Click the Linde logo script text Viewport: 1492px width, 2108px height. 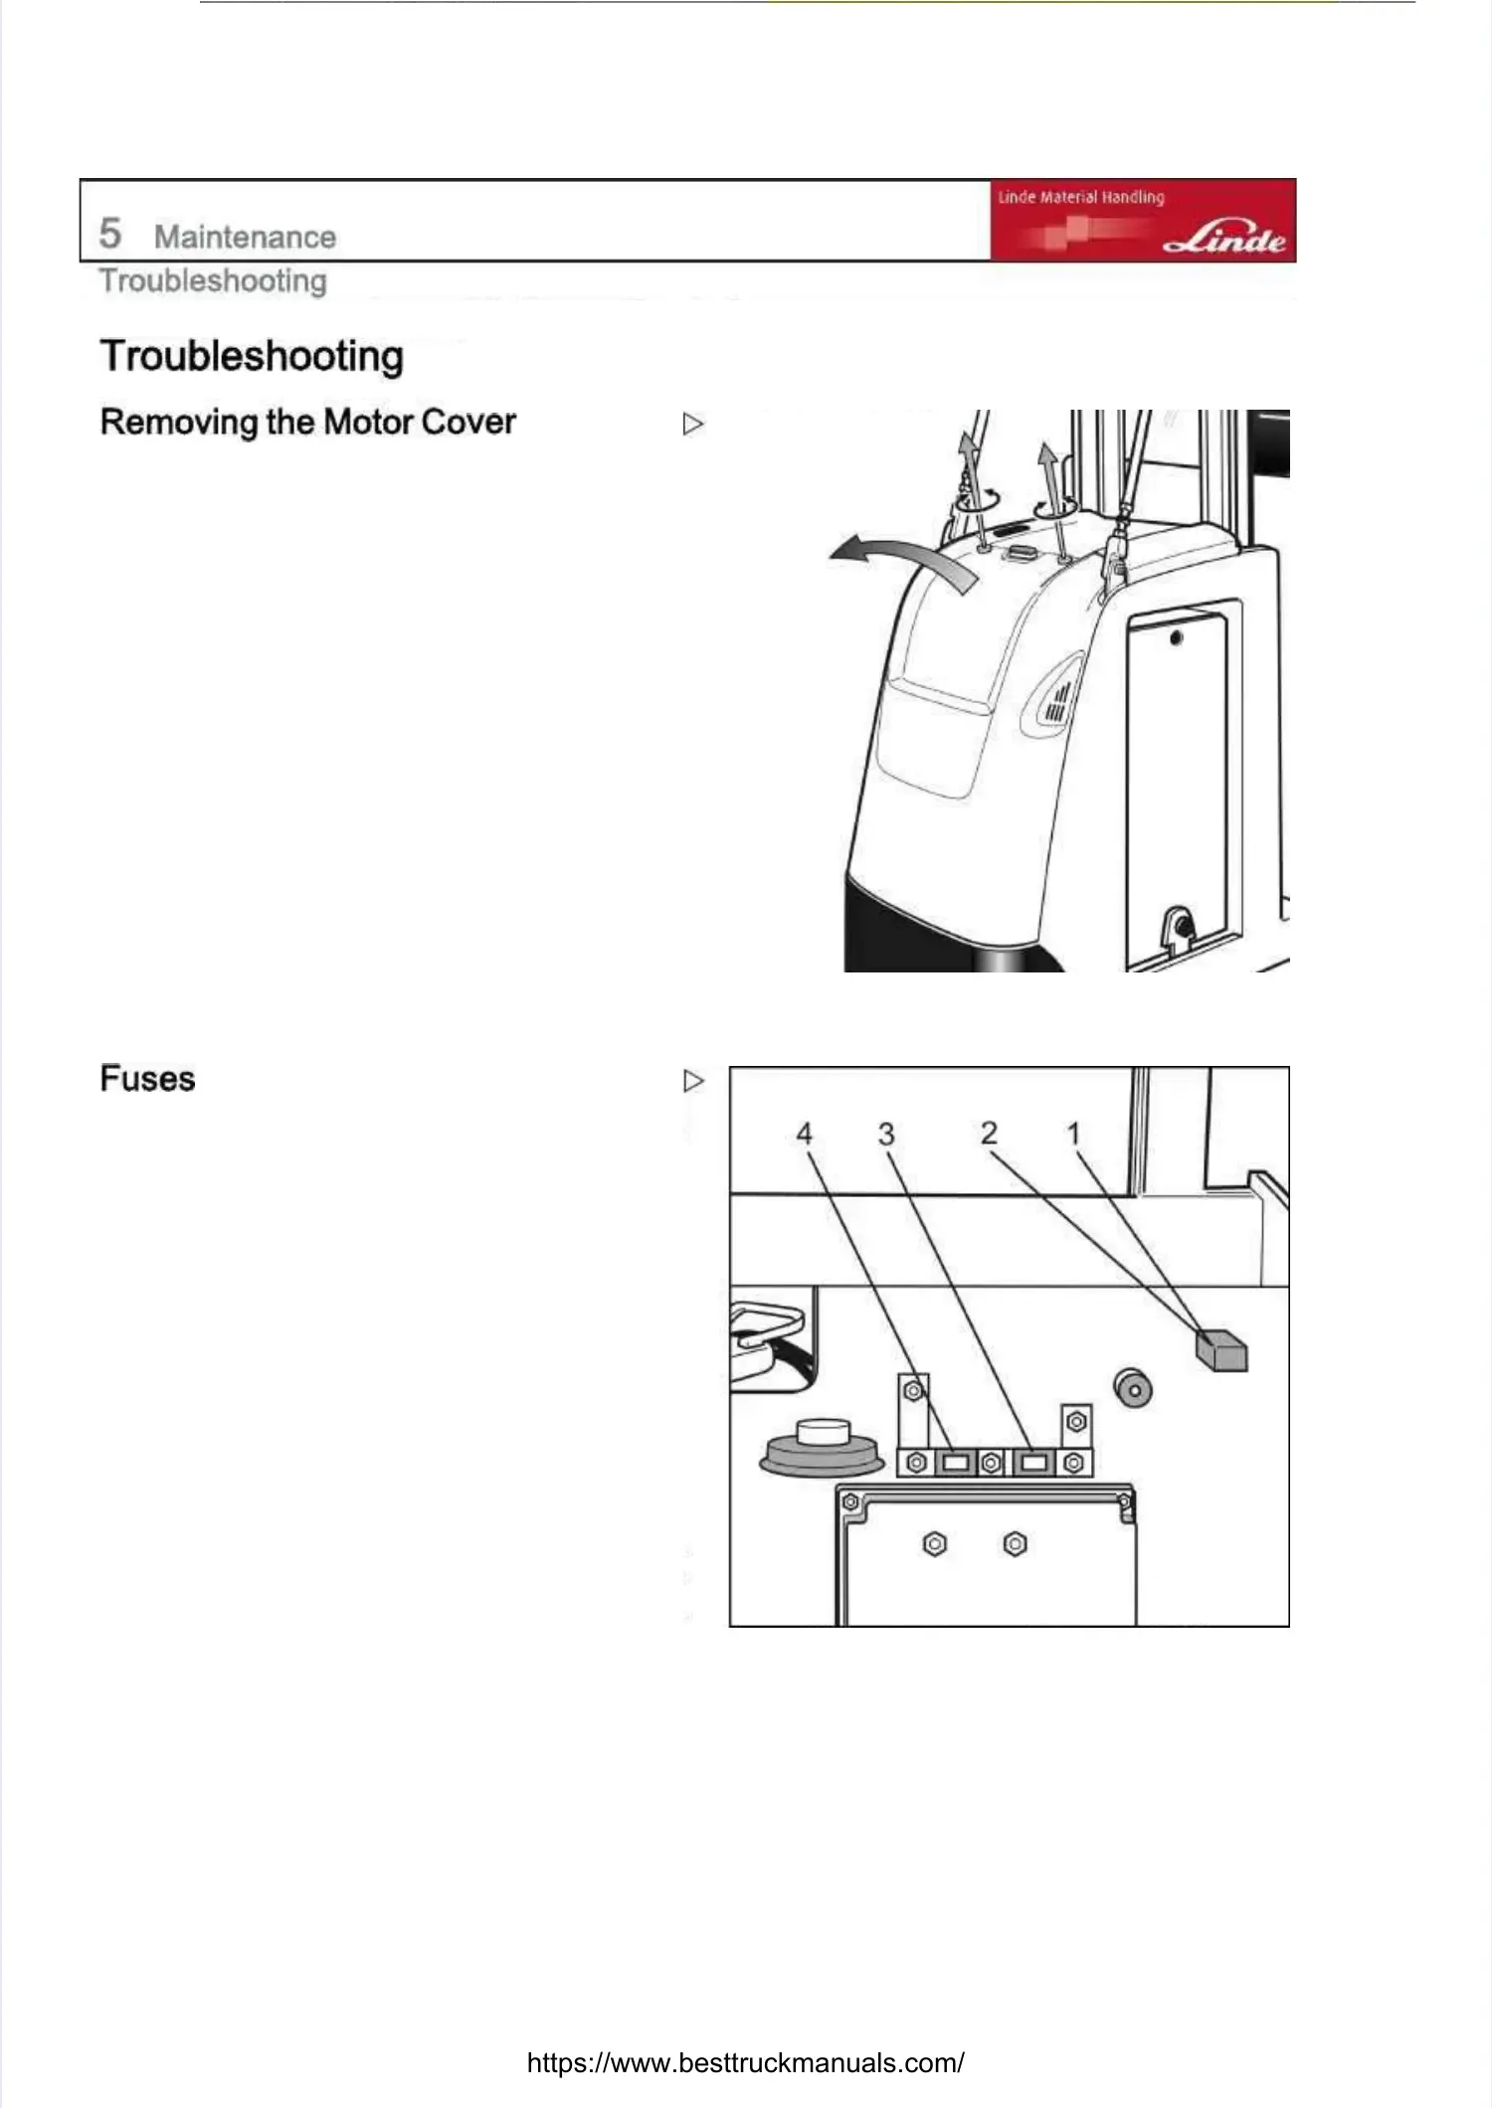coord(1225,239)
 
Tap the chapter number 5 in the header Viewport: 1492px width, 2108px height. coord(109,235)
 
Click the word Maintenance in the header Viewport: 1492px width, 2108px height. coord(245,238)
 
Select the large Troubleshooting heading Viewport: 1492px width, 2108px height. coord(252,356)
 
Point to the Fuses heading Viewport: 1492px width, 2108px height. coord(147,1079)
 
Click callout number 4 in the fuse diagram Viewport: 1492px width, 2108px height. coord(805,1134)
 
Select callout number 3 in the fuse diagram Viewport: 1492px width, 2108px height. coord(886,1134)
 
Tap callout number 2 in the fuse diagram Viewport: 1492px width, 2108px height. coord(989,1133)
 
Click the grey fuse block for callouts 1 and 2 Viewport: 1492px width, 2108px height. coord(1222,1350)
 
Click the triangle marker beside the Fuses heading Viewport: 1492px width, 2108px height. coord(693,1081)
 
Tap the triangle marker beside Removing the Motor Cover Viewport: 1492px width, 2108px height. coord(693,425)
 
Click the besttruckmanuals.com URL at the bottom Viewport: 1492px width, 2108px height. coord(745,2062)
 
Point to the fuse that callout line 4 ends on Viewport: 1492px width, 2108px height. coord(956,1463)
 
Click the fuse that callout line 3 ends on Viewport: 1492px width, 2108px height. coord(1034,1463)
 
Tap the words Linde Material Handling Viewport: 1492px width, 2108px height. coord(1080,197)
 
